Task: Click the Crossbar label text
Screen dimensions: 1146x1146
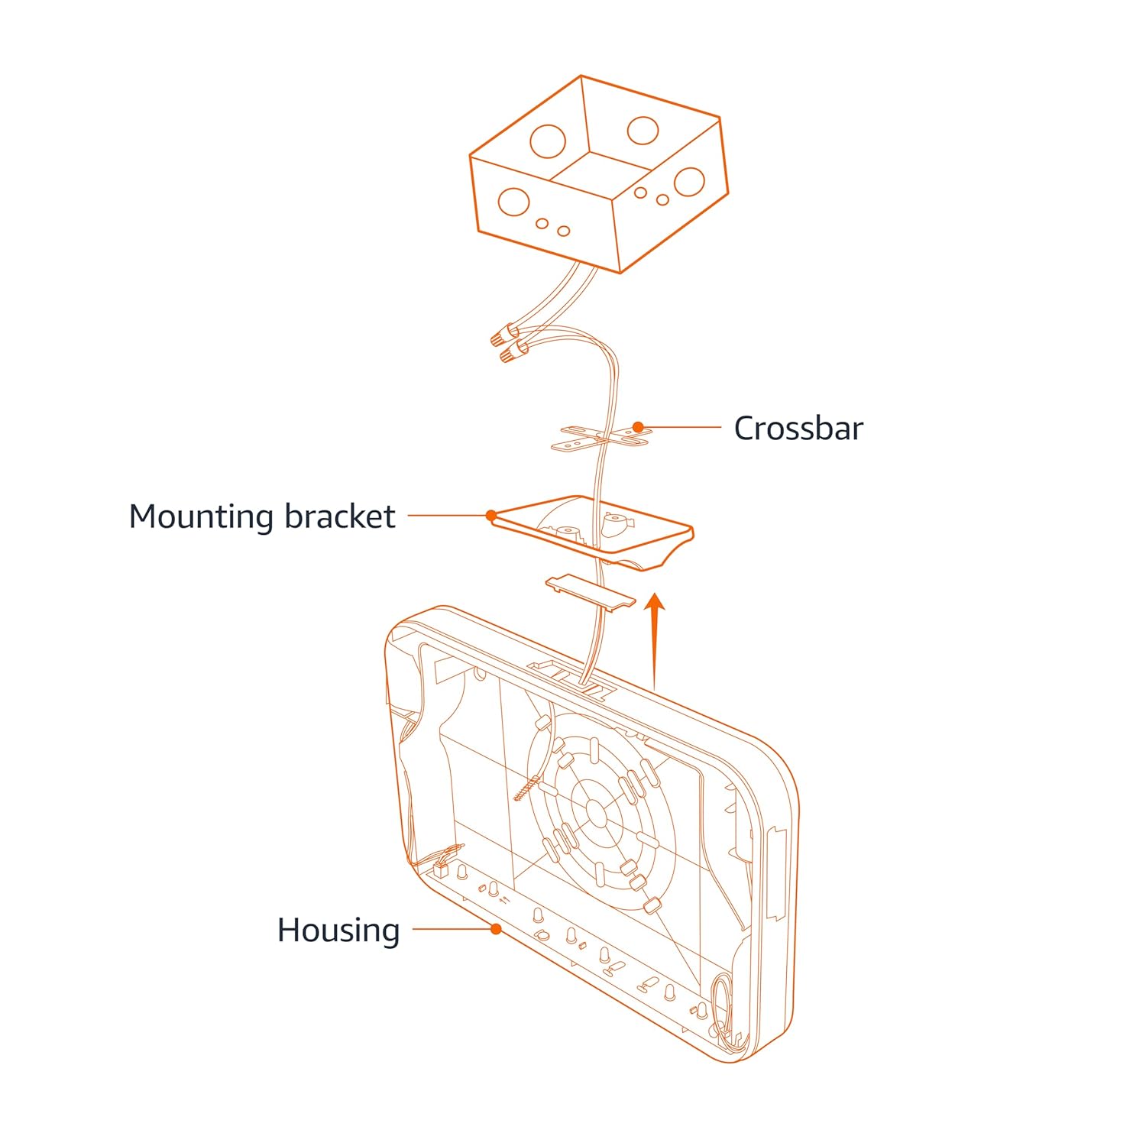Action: pyautogui.click(x=798, y=429)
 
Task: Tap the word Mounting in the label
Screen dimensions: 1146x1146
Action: pyautogui.click(x=201, y=517)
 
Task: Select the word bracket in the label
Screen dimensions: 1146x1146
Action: pyautogui.click(x=340, y=516)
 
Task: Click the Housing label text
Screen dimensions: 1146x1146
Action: pyautogui.click(x=338, y=931)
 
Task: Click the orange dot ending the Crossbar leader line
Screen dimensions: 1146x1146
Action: pyautogui.click(x=637, y=428)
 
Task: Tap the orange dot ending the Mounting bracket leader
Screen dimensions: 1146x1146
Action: pyautogui.click(x=491, y=516)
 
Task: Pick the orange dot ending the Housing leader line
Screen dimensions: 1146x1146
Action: pyautogui.click(x=497, y=929)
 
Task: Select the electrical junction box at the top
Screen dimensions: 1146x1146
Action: pyautogui.click(x=598, y=176)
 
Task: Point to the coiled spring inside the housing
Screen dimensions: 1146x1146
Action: pyautogui.click(x=528, y=788)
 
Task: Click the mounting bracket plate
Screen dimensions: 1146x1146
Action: pyautogui.click(x=592, y=531)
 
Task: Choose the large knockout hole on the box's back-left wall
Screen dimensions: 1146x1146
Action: pyautogui.click(x=548, y=141)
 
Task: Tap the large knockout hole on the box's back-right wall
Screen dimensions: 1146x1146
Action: pyautogui.click(x=643, y=130)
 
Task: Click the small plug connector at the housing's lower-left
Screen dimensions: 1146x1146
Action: pyautogui.click(x=442, y=868)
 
